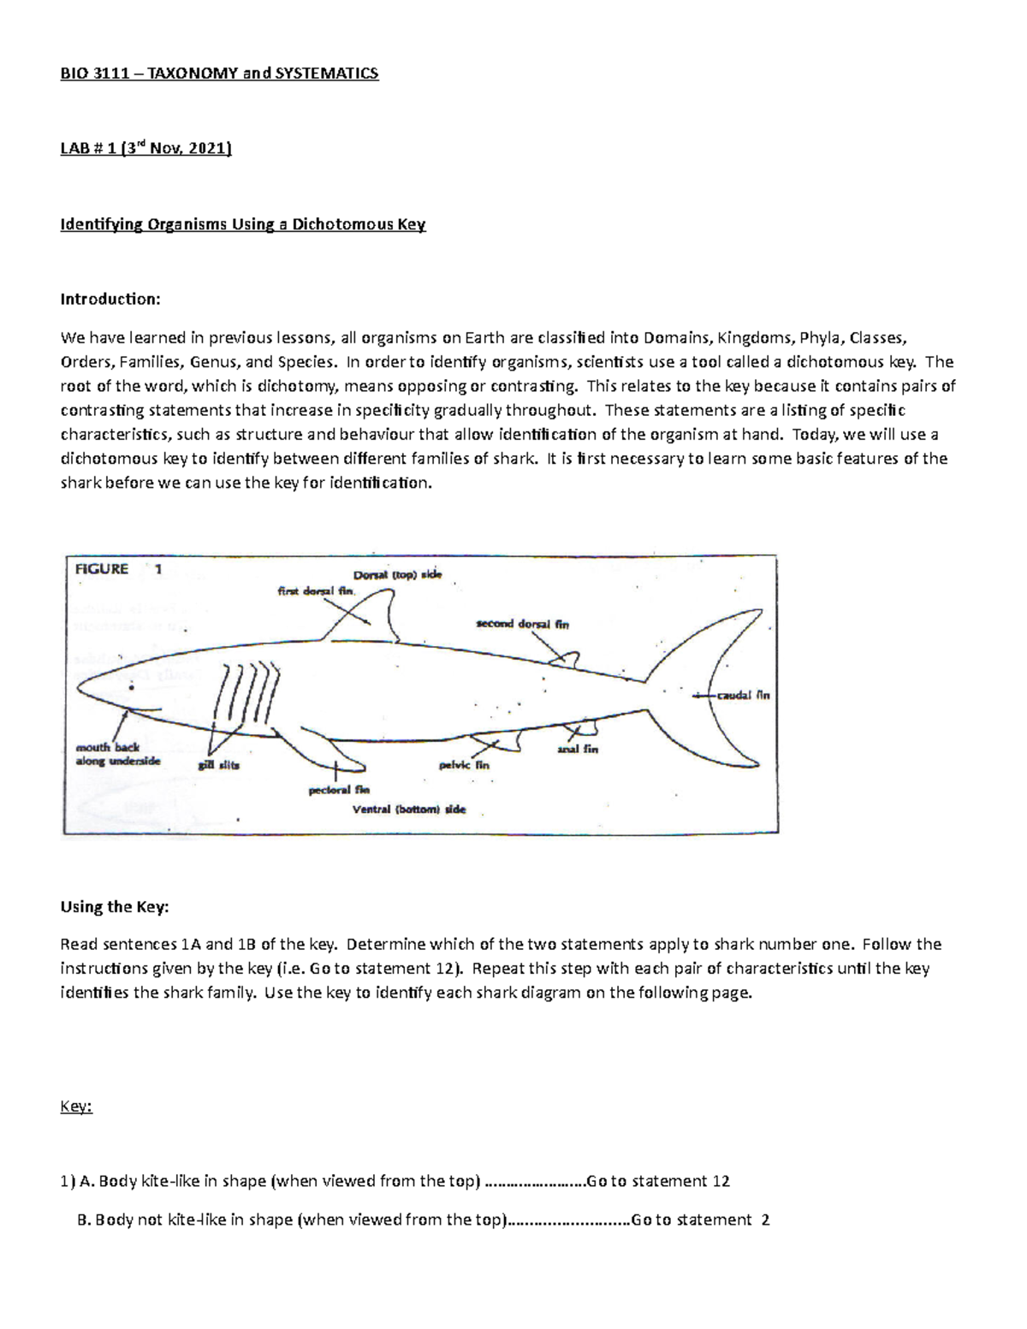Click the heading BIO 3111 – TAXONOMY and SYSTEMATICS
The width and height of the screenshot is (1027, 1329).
218,74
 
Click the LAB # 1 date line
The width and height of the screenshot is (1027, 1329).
145,149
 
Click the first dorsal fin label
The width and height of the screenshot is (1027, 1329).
316,590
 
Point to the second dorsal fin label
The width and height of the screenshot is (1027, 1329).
522,624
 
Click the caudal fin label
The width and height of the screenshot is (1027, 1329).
743,695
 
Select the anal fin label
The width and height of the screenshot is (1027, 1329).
577,749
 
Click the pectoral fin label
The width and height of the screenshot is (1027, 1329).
338,791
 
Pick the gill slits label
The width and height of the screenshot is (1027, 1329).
219,765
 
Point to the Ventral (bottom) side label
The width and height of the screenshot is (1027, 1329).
409,809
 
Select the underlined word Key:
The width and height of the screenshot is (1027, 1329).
75,1107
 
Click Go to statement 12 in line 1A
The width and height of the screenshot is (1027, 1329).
658,1182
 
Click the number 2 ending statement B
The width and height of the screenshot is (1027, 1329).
765,1220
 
